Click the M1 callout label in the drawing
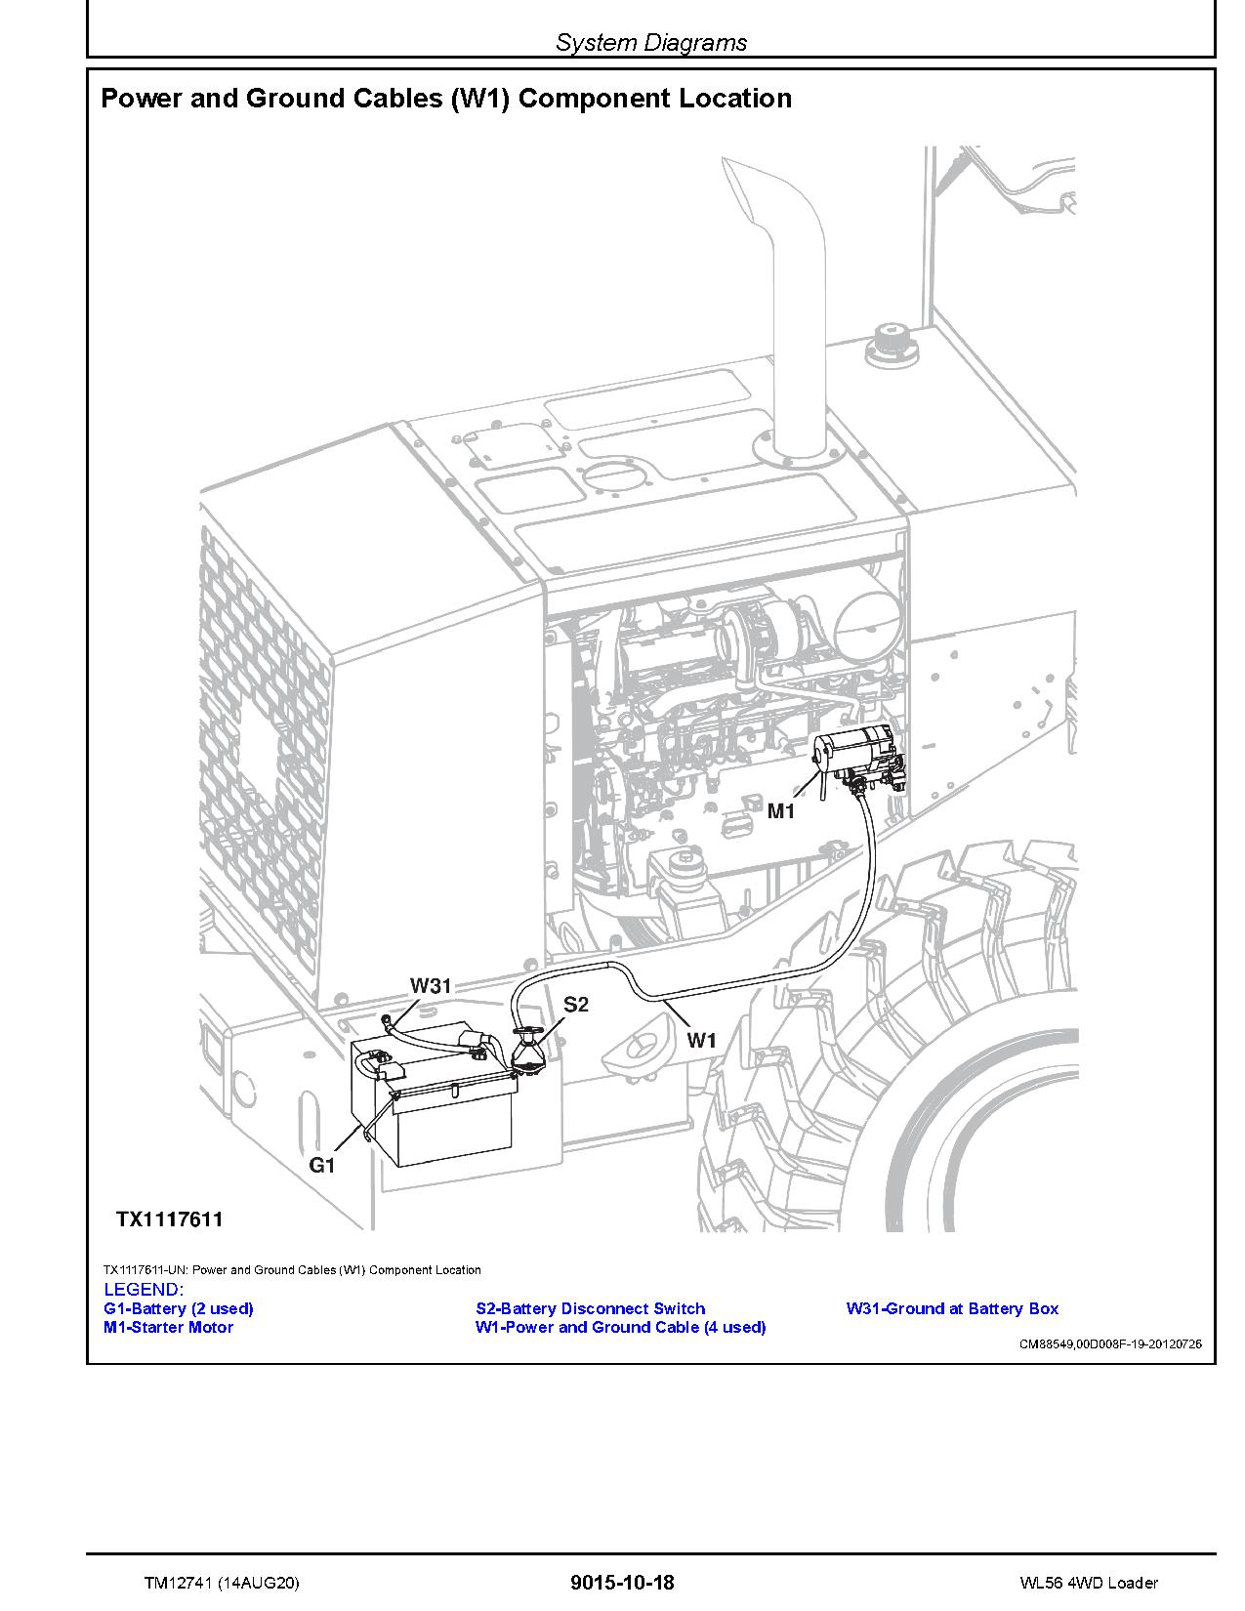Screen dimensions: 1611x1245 [781, 811]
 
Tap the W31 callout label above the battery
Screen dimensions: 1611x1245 [431, 986]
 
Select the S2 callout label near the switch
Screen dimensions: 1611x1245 [576, 1005]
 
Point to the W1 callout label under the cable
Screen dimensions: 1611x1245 [701, 1041]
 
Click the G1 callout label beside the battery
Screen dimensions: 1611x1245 [322, 1165]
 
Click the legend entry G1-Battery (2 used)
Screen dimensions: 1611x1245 [178, 1308]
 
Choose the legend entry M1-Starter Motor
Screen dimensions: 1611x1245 [168, 1327]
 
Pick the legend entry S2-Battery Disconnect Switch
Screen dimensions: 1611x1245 [590, 1308]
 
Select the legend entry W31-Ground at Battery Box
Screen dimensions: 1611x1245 [952, 1308]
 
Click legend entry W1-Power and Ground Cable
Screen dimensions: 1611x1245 [620, 1327]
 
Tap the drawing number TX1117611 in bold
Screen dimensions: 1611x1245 [170, 1219]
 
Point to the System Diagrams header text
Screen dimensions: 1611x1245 [651, 42]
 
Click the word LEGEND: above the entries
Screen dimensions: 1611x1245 [143, 1290]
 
